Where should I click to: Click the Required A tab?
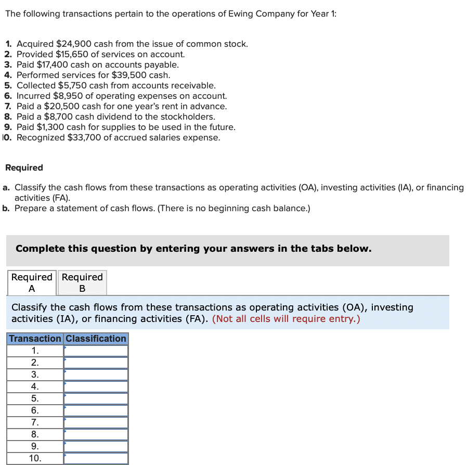point(32,282)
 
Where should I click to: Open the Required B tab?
point(82,282)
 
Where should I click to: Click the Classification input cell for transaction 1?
point(96,351)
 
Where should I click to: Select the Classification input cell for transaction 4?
point(96,387)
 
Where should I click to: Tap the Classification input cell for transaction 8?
point(96,434)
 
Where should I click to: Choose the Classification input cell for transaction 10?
point(96,458)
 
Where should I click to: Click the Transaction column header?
point(35,339)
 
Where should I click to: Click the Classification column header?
point(96,339)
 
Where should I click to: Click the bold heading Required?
point(24,168)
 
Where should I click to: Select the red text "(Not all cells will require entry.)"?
point(286,319)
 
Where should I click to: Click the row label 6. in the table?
point(35,411)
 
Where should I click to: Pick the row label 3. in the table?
point(35,375)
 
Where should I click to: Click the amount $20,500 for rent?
point(59,107)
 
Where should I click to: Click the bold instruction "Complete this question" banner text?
point(193,249)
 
